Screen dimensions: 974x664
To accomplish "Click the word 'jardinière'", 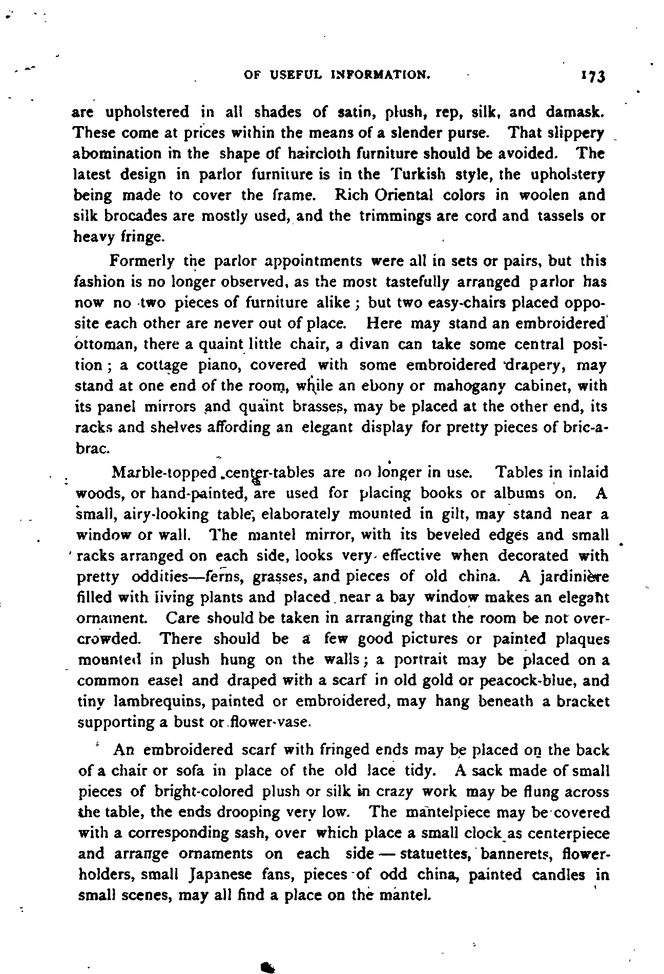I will pyautogui.click(x=573, y=577).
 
